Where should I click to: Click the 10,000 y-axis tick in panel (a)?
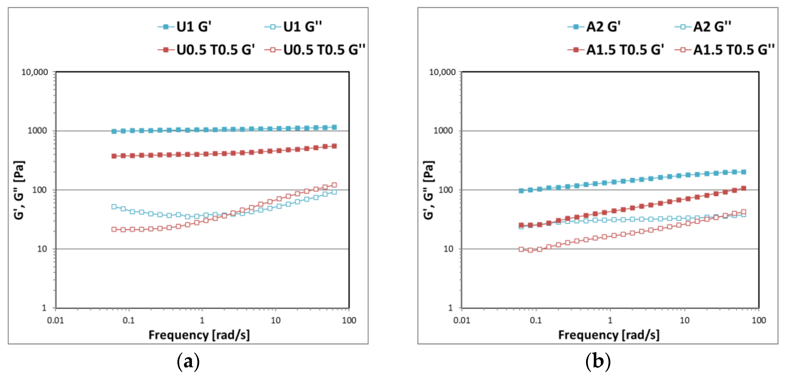tap(35, 72)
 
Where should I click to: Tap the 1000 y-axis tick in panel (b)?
tap(443, 131)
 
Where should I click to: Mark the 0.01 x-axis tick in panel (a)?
tap(55, 320)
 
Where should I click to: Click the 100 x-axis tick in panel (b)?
tap(758, 320)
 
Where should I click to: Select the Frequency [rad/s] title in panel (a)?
tap(199, 335)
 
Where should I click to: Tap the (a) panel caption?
tap(188, 361)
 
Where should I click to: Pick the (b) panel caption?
tap(598, 361)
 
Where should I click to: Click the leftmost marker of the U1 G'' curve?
tap(114, 207)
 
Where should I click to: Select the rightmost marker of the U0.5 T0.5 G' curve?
tap(334, 146)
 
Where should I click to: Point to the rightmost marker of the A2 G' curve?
tap(744, 172)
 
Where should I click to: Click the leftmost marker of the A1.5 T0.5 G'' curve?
tap(521, 249)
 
